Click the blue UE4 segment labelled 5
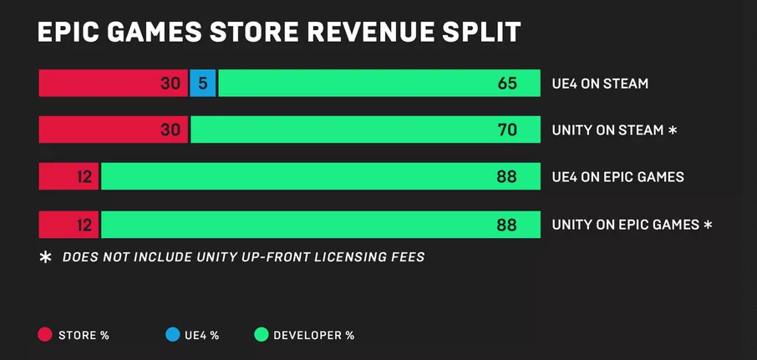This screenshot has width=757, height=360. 203,84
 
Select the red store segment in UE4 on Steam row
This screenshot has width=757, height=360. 114,84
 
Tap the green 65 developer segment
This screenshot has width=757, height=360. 379,84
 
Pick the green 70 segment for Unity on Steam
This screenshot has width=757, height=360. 366,129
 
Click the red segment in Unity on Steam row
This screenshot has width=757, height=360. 114,129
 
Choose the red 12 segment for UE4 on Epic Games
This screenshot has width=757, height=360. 69,176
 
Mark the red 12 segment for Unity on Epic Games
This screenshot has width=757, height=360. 69,225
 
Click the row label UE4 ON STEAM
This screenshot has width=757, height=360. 600,84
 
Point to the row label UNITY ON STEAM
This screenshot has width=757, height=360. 607,130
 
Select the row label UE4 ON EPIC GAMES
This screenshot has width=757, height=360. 617,177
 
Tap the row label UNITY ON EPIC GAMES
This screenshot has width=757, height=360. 626,225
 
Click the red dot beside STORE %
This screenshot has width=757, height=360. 45,335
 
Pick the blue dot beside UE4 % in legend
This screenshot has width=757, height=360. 172,335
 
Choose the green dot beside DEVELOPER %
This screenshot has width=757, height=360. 261,335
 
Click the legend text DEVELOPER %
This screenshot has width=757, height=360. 314,336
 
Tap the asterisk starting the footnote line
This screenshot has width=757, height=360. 46,257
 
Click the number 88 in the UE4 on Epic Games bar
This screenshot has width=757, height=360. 506,177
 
